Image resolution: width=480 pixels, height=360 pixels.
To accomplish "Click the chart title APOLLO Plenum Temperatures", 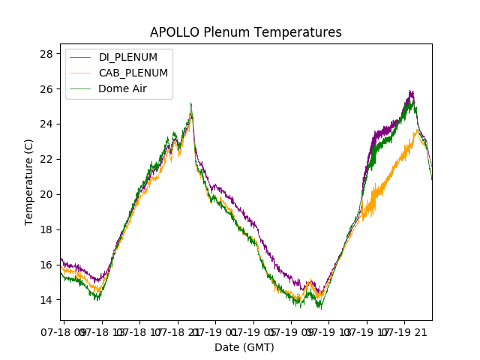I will coord(245,32).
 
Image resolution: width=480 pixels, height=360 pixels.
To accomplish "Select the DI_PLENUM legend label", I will coord(128,57).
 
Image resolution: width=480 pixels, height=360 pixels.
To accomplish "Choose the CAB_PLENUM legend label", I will coord(133,73).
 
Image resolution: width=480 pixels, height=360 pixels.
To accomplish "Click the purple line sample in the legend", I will coord(80,58).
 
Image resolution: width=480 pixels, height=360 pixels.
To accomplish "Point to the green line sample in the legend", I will coord(80,89).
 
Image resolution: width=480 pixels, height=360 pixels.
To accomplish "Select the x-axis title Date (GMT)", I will coord(244,347).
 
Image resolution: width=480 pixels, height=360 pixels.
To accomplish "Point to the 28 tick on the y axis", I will coord(46,54).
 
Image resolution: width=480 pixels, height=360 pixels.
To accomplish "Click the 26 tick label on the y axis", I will coord(46,89).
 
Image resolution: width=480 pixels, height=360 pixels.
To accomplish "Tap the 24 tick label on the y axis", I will coord(46,124).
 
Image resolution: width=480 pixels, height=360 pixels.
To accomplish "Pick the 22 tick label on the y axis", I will coord(46,159).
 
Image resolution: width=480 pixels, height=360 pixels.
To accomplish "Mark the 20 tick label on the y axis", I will coord(46,194).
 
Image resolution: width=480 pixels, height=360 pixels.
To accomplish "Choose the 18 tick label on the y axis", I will coord(46,229).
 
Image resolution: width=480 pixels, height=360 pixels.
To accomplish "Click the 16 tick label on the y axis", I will coord(46,265).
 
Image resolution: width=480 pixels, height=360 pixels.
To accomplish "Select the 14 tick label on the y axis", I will coord(46,300).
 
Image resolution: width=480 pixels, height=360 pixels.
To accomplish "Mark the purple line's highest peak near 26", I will coord(411,91).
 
